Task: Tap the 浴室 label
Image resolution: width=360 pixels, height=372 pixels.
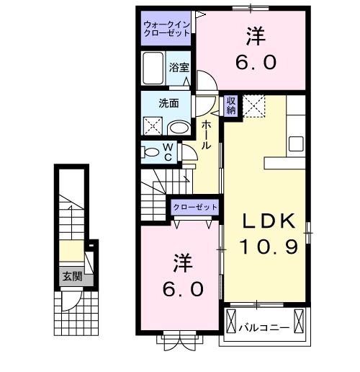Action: click(x=179, y=66)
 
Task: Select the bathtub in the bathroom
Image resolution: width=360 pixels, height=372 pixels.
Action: click(x=154, y=71)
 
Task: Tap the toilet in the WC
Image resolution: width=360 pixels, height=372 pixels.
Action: click(x=152, y=152)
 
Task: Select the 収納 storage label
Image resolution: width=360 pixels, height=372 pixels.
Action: click(x=231, y=105)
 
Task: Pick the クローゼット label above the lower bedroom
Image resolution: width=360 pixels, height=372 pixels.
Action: click(x=195, y=207)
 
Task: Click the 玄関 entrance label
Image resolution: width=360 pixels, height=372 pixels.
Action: click(x=71, y=275)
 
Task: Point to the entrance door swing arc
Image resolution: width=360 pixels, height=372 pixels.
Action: click(x=70, y=300)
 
